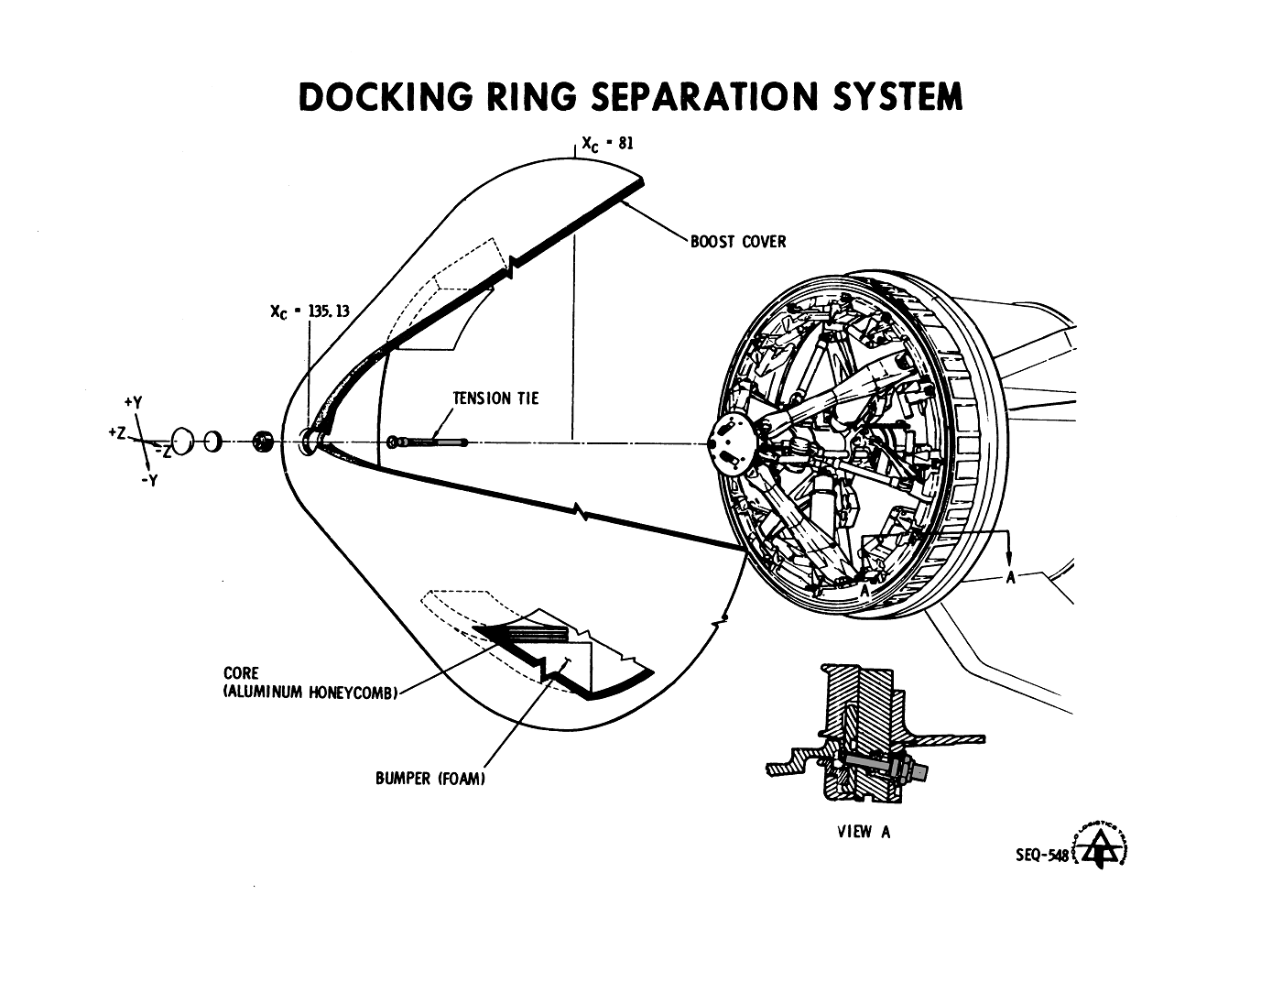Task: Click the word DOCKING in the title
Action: click(386, 96)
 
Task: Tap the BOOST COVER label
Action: click(738, 242)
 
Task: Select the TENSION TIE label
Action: click(495, 398)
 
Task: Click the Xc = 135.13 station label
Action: click(310, 311)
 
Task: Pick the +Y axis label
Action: click(133, 402)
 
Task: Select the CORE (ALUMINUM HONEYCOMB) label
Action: click(310, 683)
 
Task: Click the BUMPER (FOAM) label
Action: click(429, 779)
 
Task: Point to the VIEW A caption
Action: click(864, 832)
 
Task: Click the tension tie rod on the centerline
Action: click(430, 442)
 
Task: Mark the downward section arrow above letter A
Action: click(1009, 554)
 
